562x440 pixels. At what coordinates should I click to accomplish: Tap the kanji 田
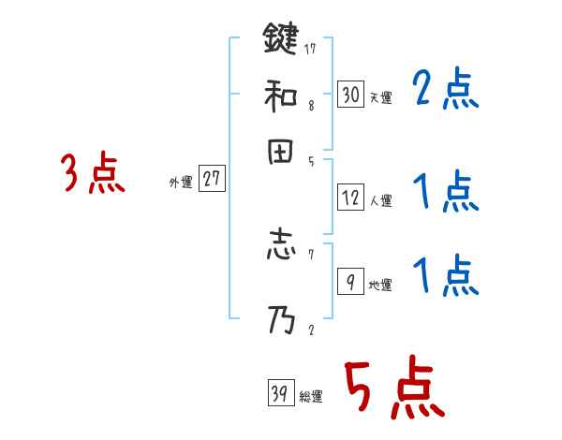point(280,154)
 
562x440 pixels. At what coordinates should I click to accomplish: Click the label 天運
point(380,97)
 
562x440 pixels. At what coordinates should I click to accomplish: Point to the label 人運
point(380,200)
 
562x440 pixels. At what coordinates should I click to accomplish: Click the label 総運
point(311,397)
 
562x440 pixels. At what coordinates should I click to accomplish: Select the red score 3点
point(92,174)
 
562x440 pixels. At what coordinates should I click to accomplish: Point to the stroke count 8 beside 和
point(310,107)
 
